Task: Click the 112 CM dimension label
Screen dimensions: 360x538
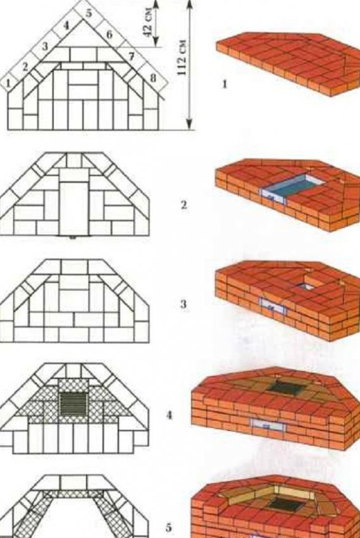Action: tap(182, 58)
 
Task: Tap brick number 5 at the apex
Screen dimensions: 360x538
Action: tap(89, 13)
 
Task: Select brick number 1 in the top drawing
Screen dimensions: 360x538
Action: tap(9, 83)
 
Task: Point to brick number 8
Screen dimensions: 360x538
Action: tap(153, 78)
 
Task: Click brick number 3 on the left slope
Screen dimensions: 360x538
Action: tap(44, 46)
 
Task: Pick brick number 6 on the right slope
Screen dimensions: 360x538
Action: tap(109, 34)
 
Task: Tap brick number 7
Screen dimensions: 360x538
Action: tap(132, 56)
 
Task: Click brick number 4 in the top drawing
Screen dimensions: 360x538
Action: tap(66, 25)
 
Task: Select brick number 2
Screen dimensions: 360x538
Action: tap(25, 67)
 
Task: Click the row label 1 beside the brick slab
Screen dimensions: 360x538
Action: tap(225, 84)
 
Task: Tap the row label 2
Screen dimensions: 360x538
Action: tap(184, 205)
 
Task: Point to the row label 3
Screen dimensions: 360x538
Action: tap(183, 304)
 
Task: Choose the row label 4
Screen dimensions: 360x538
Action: tap(169, 415)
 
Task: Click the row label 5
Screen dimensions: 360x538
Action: tap(169, 527)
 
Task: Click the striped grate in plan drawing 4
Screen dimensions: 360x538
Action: tap(74, 404)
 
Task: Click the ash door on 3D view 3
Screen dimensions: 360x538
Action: tap(273, 306)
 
